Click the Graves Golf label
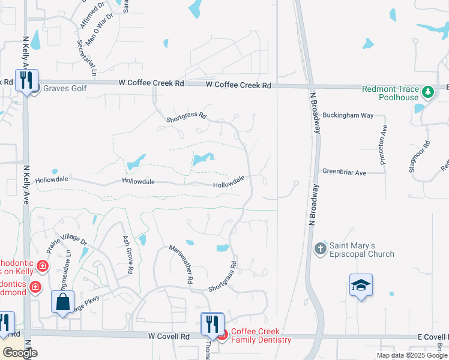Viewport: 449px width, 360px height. (x=65, y=89)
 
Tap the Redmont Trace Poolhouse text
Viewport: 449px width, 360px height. (x=391, y=94)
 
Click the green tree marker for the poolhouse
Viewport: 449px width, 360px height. (x=427, y=92)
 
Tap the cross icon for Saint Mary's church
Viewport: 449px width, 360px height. (x=320, y=248)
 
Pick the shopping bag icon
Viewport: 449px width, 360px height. (x=63, y=302)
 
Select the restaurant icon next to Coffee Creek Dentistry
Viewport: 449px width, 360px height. (x=211, y=323)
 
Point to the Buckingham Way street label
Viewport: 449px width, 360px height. (x=348, y=115)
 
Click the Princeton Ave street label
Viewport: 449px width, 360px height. (x=384, y=145)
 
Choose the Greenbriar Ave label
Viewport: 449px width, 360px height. (x=344, y=172)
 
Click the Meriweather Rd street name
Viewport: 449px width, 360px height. (x=181, y=265)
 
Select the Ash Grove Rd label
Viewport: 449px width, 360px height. (x=127, y=254)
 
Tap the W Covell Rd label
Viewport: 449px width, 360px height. (x=169, y=337)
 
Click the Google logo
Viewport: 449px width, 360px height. (x=19, y=352)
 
